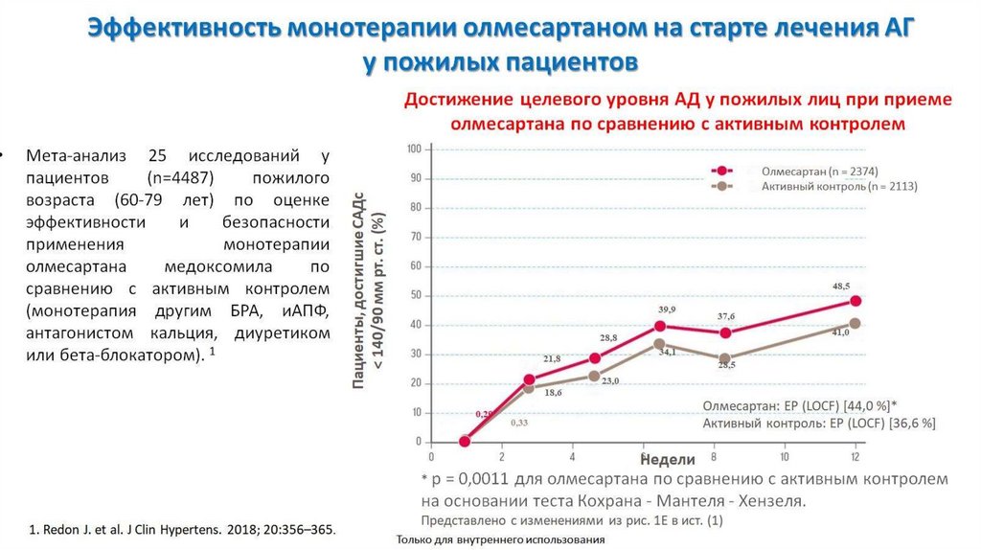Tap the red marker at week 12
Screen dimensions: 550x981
(855, 301)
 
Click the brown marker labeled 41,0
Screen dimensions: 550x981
(855, 323)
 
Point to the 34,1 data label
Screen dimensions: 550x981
(666, 353)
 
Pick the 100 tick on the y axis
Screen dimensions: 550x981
(414, 149)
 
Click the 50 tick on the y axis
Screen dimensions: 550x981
(416, 295)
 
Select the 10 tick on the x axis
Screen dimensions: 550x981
(785, 456)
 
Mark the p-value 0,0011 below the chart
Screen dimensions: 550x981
(486, 478)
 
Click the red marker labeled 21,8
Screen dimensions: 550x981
(530, 380)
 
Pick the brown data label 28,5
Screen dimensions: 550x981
(726, 365)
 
